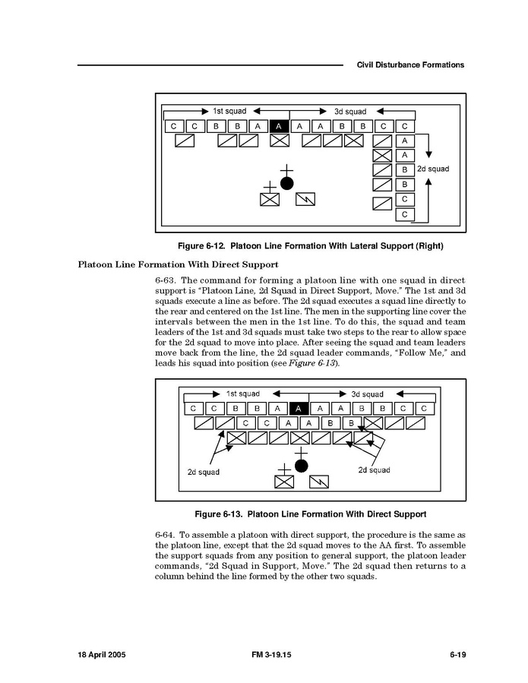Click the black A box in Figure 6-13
pos(300,409)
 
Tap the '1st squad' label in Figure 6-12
pos(229,111)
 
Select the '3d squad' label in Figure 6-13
pos(367,394)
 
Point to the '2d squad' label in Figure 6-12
pos(433,169)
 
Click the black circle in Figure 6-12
pos(286,183)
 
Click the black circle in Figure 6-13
pos(302,466)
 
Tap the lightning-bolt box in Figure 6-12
pos(305,199)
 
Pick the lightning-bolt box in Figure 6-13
pos(320,482)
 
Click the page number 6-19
pos(457,655)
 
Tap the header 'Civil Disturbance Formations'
pos(410,65)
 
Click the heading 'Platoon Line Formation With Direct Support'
pos(178,264)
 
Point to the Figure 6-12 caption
pos(310,246)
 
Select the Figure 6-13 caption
pos(310,514)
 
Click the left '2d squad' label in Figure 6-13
pos(203,472)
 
